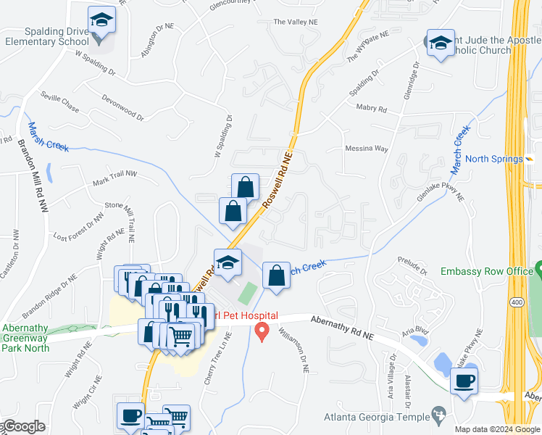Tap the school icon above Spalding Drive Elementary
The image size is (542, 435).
click(x=101, y=21)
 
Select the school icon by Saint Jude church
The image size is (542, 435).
click(x=440, y=44)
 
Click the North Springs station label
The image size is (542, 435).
click(x=493, y=159)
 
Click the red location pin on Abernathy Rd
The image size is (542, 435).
click(x=262, y=333)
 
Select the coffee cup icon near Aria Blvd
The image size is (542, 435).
click(x=464, y=380)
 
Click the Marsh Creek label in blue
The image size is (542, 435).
click(x=49, y=136)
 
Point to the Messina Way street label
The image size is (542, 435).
click(x=367, y=149)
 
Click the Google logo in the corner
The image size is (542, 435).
click(x=22, y=426)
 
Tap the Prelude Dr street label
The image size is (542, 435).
click(x=412, y=265)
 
